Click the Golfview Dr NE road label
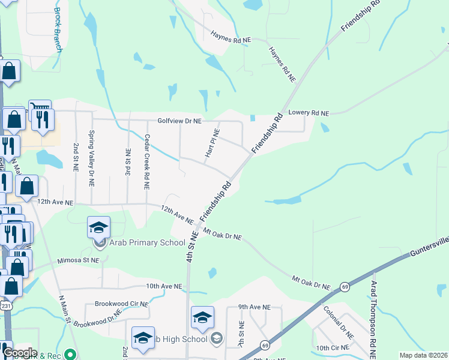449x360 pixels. pos(179,121)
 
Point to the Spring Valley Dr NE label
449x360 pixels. pos(91,159)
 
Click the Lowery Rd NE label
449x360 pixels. pos(309,113)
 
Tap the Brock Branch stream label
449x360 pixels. pos(58,30)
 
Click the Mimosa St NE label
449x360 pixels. pos(78,261)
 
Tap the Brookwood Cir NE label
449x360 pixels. pos(121,304)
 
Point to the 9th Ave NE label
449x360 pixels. pos(255,307)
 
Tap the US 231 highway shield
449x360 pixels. pos(6,305)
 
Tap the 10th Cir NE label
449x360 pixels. pos(331,348)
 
